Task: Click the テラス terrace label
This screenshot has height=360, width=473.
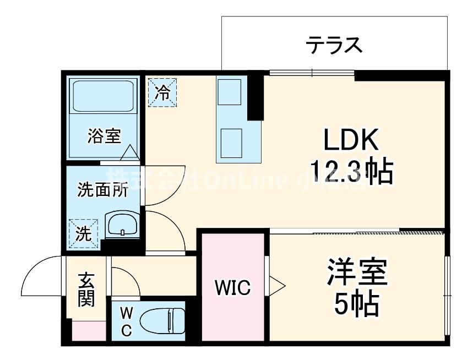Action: point(334,44)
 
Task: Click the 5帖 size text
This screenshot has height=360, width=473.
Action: point(357,303)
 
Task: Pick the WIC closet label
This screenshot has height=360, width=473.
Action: point(233,287)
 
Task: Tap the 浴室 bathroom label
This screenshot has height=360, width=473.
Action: point(104,136)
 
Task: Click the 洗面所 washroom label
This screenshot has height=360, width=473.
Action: point(102,190)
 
